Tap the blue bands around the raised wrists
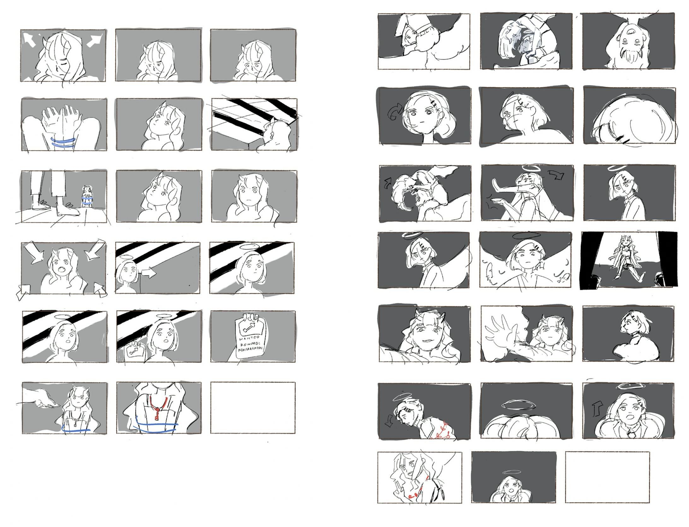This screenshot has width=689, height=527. point(63,141)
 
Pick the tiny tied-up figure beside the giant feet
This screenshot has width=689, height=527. point(87,196)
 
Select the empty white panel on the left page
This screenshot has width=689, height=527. point(253,407)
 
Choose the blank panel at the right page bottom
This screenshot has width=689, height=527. point(607,477)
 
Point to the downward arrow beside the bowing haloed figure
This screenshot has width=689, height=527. point(389,423)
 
